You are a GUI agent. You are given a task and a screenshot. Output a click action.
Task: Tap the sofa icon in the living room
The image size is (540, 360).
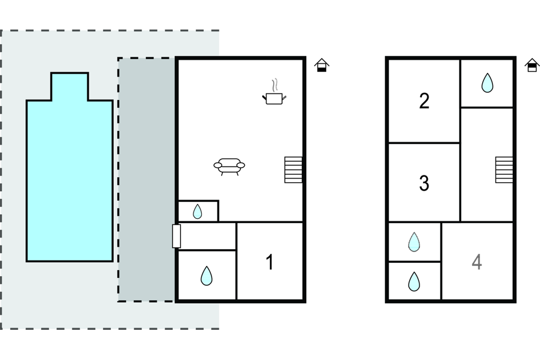[x=229, y=165]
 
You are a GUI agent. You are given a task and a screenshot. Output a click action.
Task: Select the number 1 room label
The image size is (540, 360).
[x=269, y=262]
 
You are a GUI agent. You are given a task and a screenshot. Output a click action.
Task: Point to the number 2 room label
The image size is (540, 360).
[x=424, y=101]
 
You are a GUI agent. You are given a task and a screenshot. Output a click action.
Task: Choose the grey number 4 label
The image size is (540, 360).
[x=477, y=262]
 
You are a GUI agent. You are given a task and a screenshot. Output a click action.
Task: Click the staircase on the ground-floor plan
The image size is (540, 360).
[x=293, y=169]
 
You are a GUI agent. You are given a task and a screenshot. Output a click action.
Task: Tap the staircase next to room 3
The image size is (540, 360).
[x=504, y=169]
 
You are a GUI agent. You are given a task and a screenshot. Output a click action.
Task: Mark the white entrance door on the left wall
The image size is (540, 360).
[x=177, y=236]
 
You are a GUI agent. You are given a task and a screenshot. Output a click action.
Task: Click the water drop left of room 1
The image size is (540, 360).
[x=206, y=276]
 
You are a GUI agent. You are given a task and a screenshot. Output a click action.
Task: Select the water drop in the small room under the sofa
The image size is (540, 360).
[x=197, y=212]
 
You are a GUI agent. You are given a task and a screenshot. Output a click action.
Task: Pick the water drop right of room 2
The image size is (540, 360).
[x=487, y=83]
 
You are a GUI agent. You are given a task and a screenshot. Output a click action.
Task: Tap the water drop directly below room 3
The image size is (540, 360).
[x=413, y=242]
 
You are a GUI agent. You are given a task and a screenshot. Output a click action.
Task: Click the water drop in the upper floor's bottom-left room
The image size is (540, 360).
[x=413, y=282]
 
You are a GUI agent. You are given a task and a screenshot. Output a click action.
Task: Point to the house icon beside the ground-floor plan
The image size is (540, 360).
[x=322, y=65]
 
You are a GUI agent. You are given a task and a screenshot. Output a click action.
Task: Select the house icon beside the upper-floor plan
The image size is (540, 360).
[x=532, y=65]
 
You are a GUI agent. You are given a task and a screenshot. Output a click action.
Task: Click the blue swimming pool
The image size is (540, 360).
[x=69, y=181]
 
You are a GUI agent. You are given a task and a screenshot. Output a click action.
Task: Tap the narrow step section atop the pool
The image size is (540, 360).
[x=69, y=86]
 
